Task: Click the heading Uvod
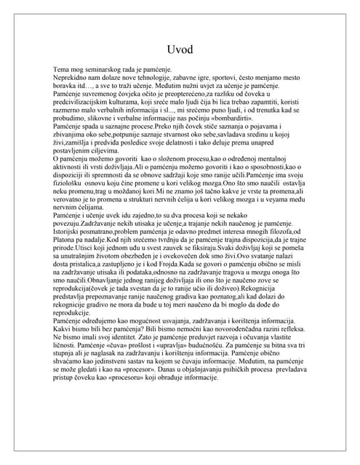click(180, 49)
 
